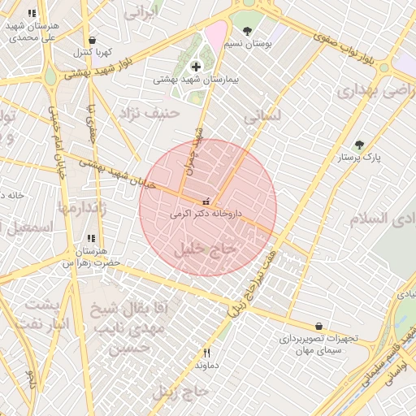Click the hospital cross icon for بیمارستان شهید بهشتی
click(195, 66)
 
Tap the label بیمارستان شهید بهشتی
click(196, 80)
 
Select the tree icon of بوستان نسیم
click(247, 31)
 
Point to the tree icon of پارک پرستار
click(359, 145)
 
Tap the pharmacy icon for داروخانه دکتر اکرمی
click(206, 201)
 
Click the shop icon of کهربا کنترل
click(92, 40)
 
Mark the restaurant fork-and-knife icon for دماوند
click(206, 353)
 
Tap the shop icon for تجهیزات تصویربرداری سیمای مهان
click(318, 326)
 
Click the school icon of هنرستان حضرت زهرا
click(91, 239)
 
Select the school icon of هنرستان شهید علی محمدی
click(32, 14)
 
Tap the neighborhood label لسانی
click(262, 117)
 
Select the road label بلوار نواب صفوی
click(369, 49)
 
